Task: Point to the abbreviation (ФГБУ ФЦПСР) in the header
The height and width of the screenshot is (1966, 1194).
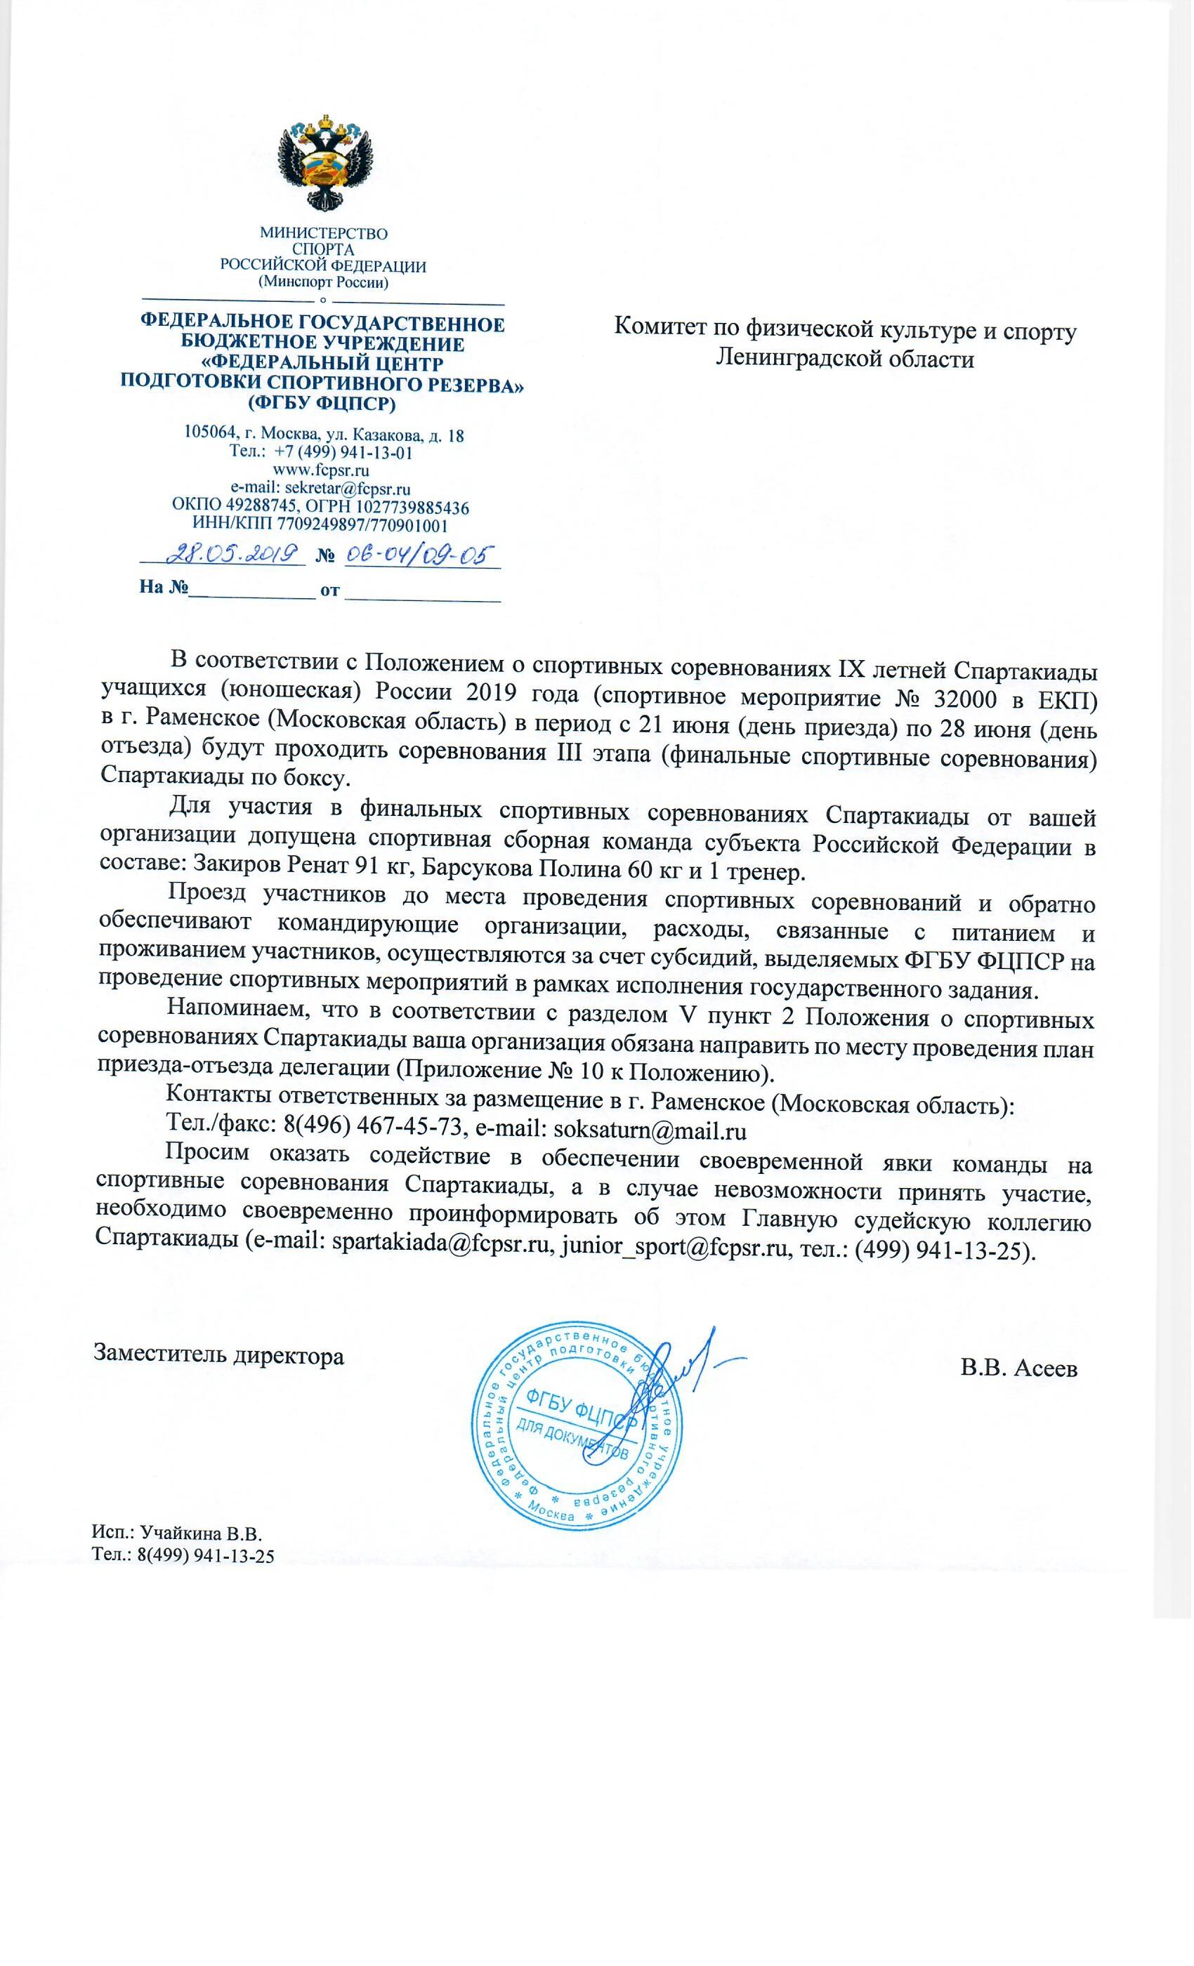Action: coord(322,404)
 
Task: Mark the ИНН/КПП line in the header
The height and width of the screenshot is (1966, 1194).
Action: coord(320,525)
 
